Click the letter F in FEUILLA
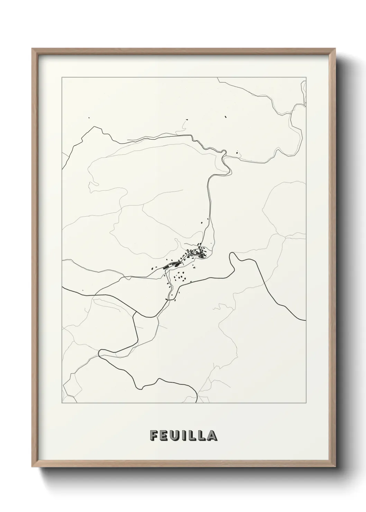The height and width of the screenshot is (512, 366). [x=154, y=436]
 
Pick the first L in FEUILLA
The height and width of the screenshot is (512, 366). [x=191, y=436]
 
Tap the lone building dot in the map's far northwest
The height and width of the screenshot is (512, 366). [x=89, y=118]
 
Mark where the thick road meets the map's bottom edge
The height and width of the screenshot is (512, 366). [x=196, y=403]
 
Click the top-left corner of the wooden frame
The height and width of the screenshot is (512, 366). [x=33, y=49]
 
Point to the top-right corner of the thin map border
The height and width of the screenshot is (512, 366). [x=306, y=77]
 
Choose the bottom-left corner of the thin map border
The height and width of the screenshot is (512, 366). [x=62, y=403]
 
